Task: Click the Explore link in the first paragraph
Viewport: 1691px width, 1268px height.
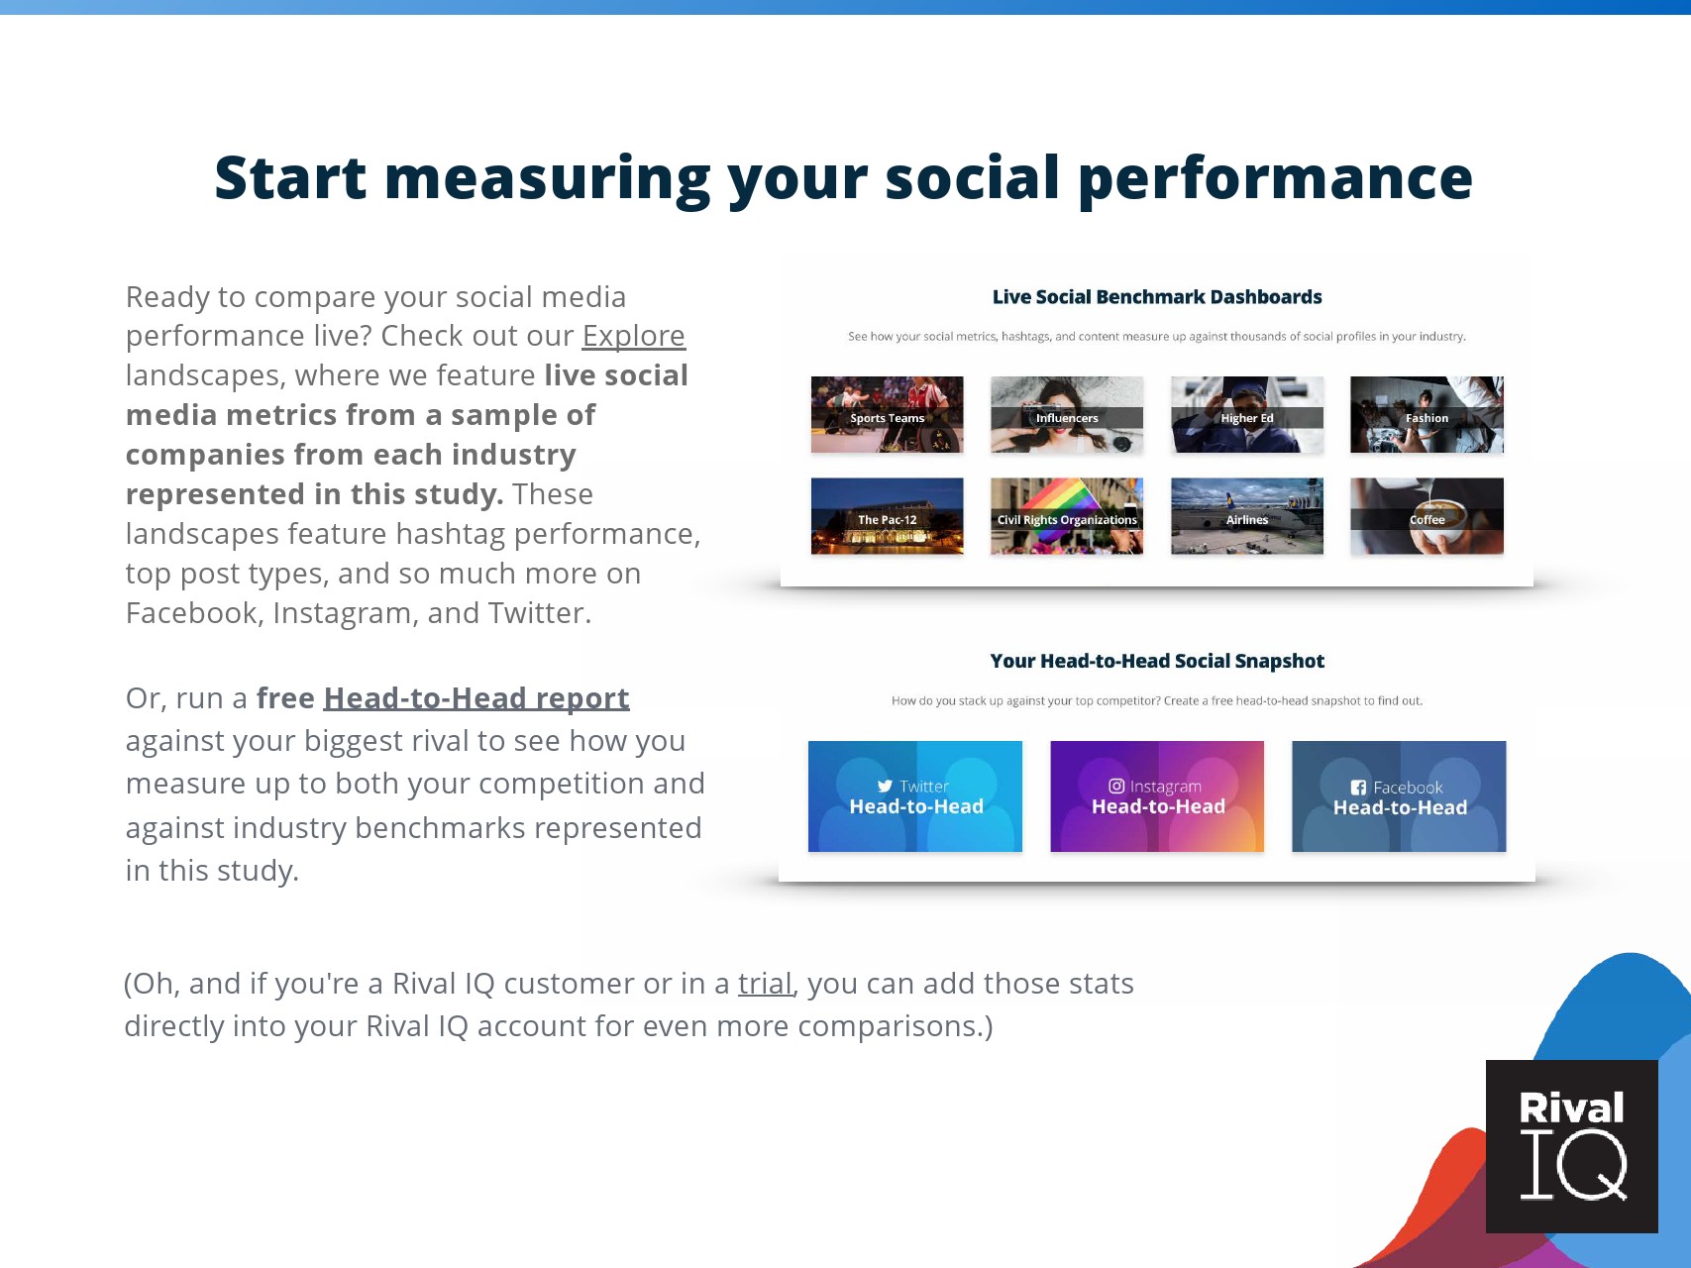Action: [x=633, y=337]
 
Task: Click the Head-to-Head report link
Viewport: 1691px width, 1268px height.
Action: [x=476, y=698]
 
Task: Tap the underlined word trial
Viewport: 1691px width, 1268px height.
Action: [x=765, y=984]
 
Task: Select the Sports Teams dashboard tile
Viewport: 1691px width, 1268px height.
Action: [x=887, y=415]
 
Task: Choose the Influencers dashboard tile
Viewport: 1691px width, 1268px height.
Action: [x=1067, y=415]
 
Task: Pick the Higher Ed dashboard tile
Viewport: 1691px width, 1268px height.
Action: [x=1247, y=415]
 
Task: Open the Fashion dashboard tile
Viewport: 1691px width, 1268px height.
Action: [x=1427, y=415]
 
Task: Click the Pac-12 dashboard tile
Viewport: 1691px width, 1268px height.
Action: [x=887, y=516]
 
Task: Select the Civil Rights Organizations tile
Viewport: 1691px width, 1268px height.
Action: [x=1067, y=516]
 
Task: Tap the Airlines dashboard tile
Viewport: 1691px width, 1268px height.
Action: [x=1247, y=516]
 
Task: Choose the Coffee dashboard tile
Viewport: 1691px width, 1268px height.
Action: [x=1427, y=516]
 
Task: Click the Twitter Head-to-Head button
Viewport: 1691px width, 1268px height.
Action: [x=915, y=796]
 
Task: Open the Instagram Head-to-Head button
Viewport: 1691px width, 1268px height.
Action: [x=1157, y=796]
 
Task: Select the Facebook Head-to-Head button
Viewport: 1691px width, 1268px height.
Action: [x=1399, y=796]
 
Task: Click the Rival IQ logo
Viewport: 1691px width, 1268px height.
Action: [x=1572, y=1146]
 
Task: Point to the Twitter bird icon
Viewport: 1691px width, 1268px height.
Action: [x=885, y=787]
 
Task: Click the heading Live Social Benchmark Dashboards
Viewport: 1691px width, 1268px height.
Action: [x=1157, y=297]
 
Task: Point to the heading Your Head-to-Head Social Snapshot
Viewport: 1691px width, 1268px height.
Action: [x=1157, y=661]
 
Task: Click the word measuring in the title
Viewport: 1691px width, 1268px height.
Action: [x=547, y=179]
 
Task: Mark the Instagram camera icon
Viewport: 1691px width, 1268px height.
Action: [x=1116, y=786]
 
